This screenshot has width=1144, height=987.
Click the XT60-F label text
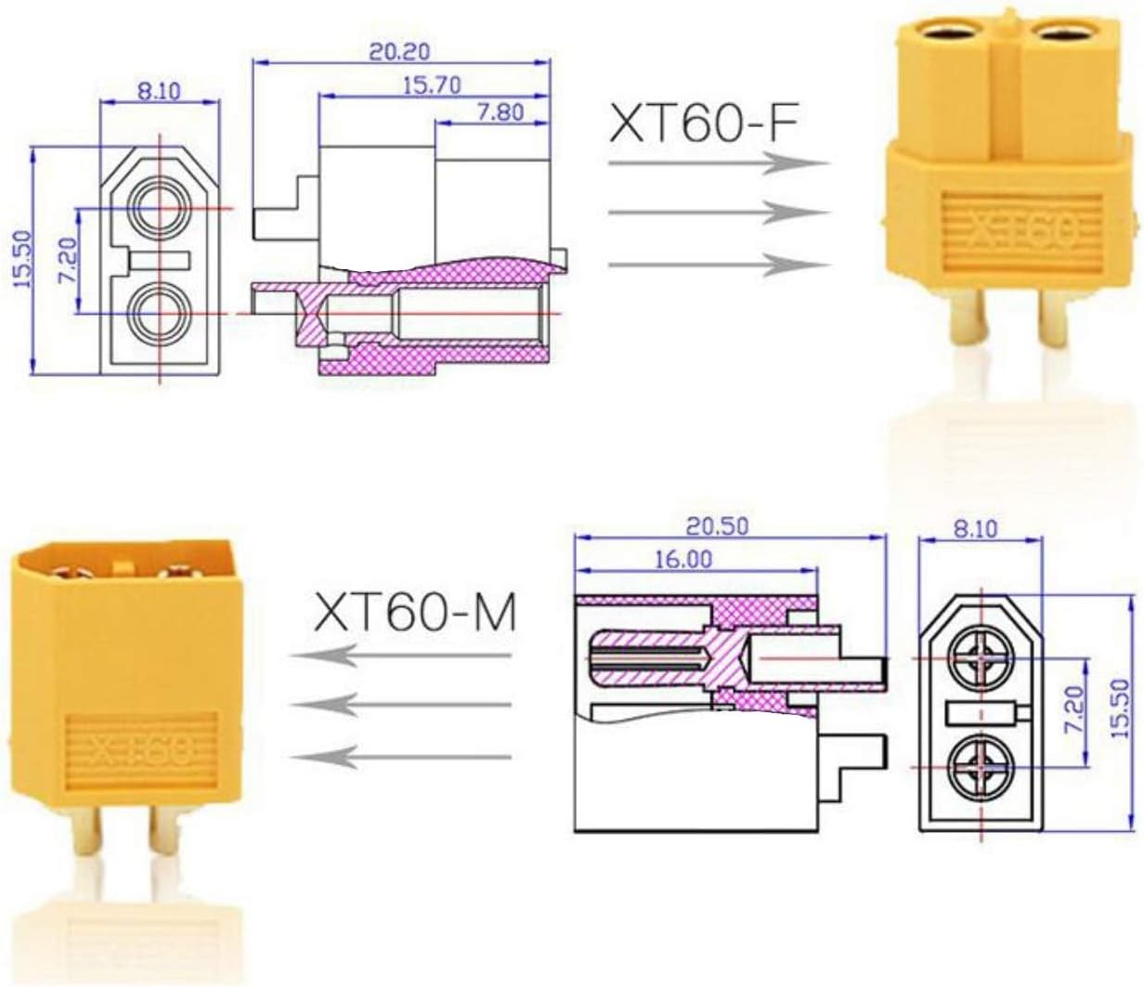click(703, 124)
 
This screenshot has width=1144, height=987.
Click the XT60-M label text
click(414, 612)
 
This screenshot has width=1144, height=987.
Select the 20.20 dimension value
click(399, 52)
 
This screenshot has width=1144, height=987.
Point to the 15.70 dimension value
click(432, 85)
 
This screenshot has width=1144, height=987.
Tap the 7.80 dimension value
click(500, 112)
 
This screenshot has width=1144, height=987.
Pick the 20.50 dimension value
click(717, 526)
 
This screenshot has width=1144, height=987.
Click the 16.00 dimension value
click(684, 560)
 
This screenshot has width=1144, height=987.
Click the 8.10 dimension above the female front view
click(159, 91)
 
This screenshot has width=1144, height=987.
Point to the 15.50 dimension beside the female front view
click(23, 258)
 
